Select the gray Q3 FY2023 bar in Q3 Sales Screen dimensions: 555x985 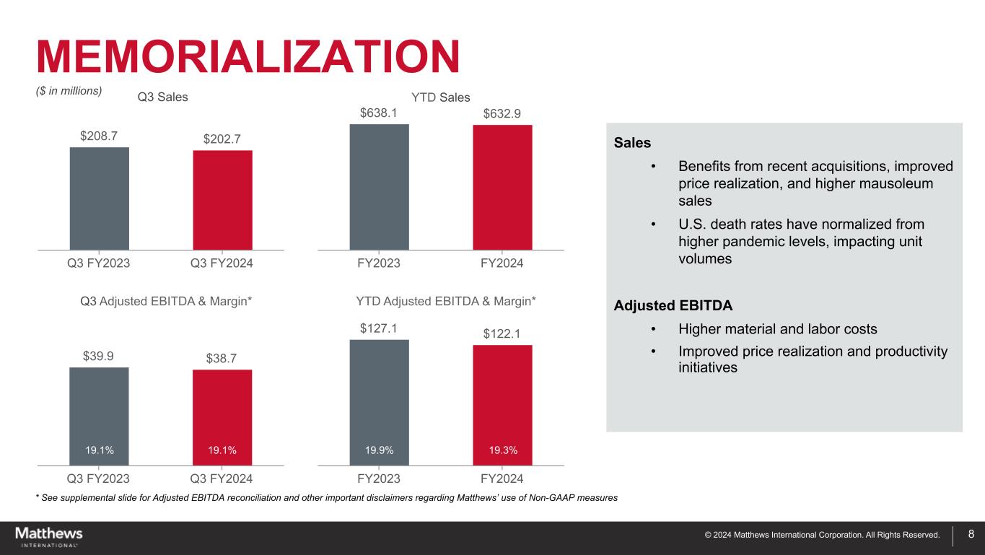pyautogui.click(x=100, y=198)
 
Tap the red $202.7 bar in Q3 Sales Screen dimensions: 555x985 pyautogui.click(x=222, y=200)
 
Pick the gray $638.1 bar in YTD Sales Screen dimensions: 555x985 pyautogui.click(x=379, y=187)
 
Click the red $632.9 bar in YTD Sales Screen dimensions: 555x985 pyautogui.click(x=502, y=188)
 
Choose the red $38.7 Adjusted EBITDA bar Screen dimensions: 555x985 pyautogui.click(x=222, y=411)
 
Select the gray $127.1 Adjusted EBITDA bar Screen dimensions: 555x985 pyautogui.click(x=379, y=397)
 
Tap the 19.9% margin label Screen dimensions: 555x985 pyautogui.click(x=379, y=450)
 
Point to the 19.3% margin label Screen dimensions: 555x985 pyautogui.click(x=502, y=450)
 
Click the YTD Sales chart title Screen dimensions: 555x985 pyautogui.click(x=440, y=97)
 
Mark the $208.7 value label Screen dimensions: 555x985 pyautogui.click(x=100, y=135)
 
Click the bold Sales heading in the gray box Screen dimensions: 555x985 pyautogui.click(x=632, y=143)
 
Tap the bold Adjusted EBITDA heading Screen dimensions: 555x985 pyautogui.click(x=673, y=305)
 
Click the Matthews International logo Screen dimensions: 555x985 pyautogui.click(x=49, y=537)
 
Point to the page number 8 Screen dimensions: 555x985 pyautogui.click(x=971, y=535)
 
